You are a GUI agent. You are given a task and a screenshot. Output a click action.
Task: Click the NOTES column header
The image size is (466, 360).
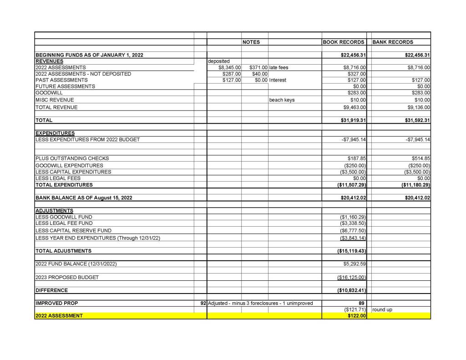(251, 42)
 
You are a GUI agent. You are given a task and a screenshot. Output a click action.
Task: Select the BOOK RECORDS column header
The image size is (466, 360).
(344, 42)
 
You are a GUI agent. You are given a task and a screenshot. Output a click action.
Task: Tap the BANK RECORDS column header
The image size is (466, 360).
(393, 42)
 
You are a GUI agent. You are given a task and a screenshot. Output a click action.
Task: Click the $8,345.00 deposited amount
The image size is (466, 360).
(229, 67)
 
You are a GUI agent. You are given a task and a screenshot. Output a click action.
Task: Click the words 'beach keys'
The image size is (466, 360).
(282, 100)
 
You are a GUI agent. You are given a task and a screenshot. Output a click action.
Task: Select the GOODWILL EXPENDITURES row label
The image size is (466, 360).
(69, 165)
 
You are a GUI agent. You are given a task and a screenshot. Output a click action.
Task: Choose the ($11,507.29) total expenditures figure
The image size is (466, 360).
(351, 185)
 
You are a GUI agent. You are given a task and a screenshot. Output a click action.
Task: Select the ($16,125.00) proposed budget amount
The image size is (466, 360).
(352, 277)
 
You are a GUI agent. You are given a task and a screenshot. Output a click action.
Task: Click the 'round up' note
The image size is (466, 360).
(382, 309)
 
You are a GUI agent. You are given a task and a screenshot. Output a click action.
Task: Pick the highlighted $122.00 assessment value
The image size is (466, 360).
(357, 316)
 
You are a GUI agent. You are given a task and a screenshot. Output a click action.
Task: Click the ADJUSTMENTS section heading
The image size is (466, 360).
(54, 211)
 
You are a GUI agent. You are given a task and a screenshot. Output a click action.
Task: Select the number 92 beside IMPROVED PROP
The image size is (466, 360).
(203, 303)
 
